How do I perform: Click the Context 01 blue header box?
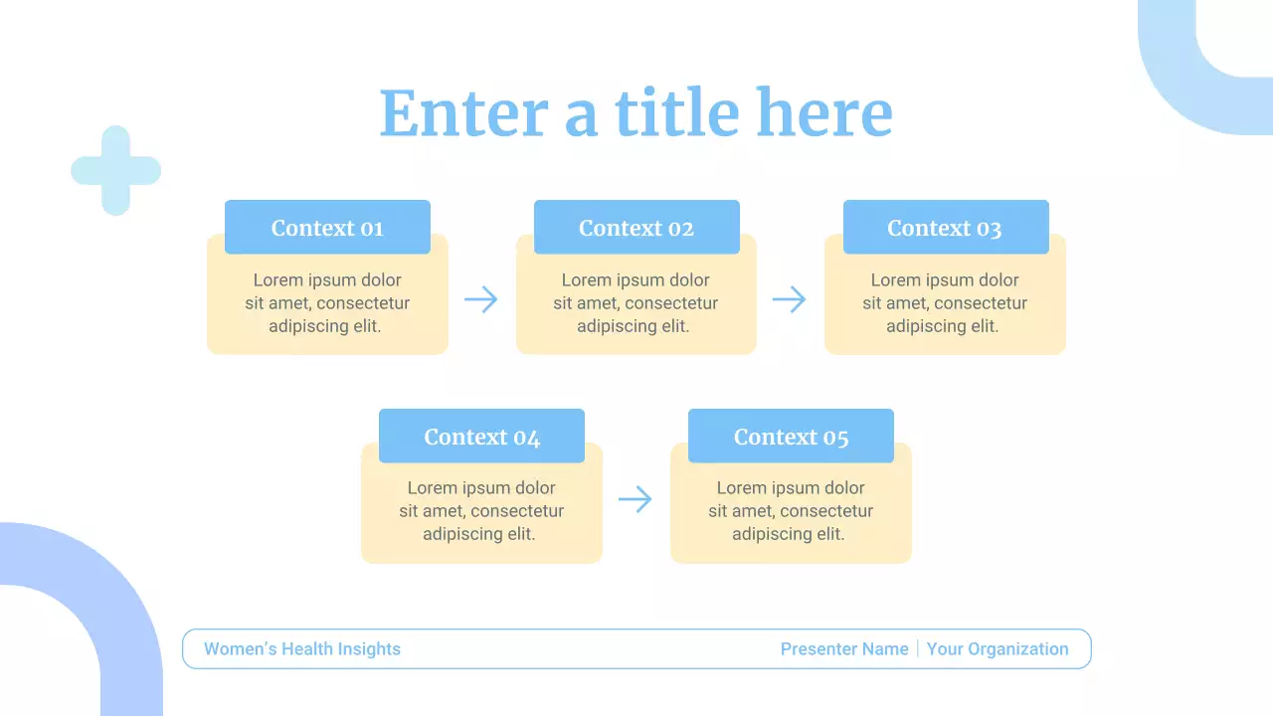tap(327, 228)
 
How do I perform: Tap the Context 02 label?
tap(636, 228)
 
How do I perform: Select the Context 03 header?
tap(945, 228)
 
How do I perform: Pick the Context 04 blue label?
tap(481, 437)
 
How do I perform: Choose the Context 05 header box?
tap(791, 437)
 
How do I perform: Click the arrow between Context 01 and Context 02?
tap(481, 299)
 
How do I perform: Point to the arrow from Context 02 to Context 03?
tap(790, 299)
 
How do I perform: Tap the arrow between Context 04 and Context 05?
tap(636, 499)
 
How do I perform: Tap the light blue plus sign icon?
tap(115, 170)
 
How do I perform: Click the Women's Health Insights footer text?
tap(302, 649)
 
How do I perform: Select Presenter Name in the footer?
tap(844, 649)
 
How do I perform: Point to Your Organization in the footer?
tap(998, 649)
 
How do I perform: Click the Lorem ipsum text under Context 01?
tap(327, 303)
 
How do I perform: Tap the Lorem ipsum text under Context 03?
tap(945, 303)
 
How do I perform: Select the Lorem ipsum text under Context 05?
tap(791, 511)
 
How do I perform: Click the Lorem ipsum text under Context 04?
tap(481, 511)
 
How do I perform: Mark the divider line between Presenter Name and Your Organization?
tap(918, 649)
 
